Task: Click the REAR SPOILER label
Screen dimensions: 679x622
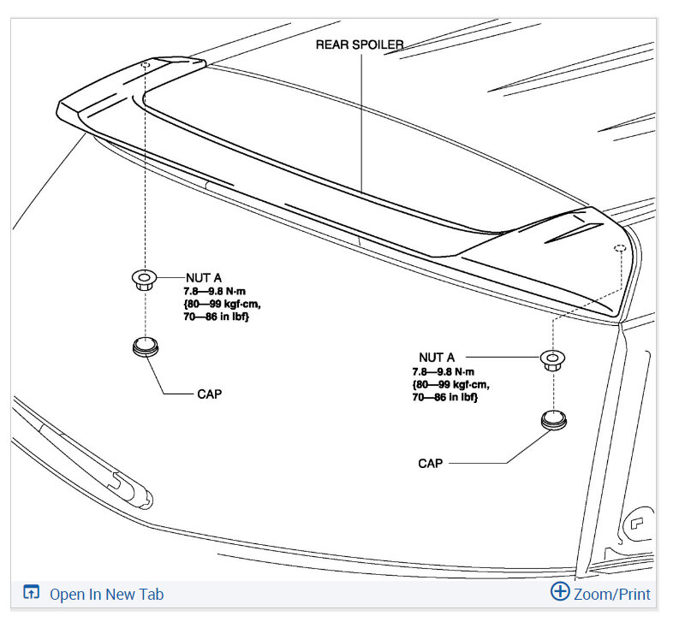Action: [x=360, y=44]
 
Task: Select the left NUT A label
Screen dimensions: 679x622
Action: [x=204, y=278]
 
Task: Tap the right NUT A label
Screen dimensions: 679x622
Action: [x=437, y=358]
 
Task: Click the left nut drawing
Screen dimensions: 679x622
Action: [x=144, y=280]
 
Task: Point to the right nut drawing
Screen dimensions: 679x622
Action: [x=552, y=360]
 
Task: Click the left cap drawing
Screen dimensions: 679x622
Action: [x=146, y=347]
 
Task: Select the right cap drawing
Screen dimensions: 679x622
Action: [x=554, y=420]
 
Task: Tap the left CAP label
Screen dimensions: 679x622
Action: [x=209, y=394]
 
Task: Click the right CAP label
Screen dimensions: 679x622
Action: [x=430, y=464]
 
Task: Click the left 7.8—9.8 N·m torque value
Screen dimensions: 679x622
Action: [x=214, y=291]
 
